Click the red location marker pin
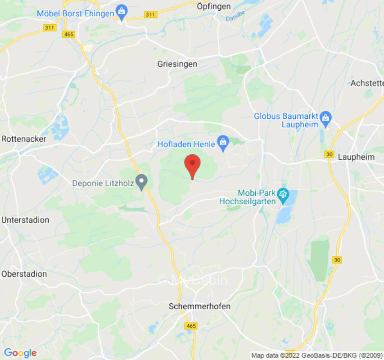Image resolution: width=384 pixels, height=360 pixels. click(193, 165)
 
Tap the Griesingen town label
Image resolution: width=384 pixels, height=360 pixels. click(177, 64)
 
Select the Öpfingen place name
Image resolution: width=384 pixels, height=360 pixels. click(214, 6)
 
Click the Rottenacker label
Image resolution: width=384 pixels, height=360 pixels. click(24, 139)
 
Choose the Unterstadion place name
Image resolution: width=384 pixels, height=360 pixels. click(26, 220)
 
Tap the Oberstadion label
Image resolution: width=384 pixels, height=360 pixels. click(24, 274)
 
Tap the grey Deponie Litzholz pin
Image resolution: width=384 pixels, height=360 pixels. click(142, 182)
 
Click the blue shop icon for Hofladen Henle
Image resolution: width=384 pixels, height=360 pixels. click(222, 143)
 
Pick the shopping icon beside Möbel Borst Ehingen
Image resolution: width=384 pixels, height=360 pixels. click(121, 11)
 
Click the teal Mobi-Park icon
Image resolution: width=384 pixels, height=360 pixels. click(283, 194)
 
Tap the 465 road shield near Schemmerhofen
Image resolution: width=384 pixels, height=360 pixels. click(191, 325)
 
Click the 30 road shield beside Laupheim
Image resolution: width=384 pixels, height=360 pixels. click(330, 154)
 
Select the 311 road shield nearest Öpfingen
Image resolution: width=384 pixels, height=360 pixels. click(150, 15)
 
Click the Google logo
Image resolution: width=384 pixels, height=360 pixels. click(20, 353)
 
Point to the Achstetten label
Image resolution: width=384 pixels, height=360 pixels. click(367, 83)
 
